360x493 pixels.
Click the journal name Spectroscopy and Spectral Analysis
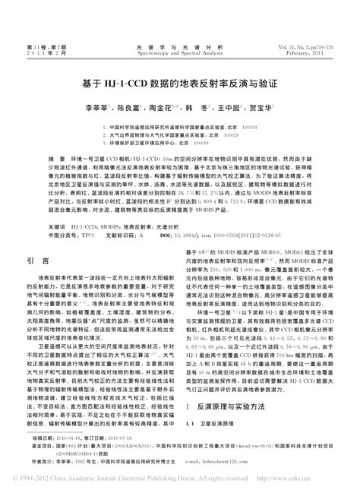pyautogui.click(x=180, y=55)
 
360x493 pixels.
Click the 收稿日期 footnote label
pyautogui.click(x=45, y=439)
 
